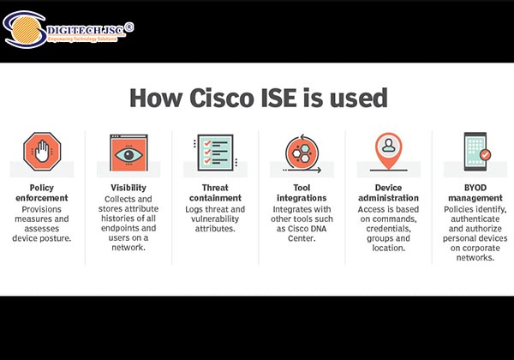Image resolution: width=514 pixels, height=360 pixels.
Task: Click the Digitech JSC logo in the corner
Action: coord(69,31)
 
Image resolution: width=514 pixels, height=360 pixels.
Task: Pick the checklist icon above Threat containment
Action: coord(213,152)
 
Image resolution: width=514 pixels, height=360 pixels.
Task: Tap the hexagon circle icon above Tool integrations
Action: coord(301,152)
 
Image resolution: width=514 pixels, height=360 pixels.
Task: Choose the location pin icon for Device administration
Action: coord(387,151)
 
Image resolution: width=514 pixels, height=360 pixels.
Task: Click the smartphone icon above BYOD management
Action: coord(474,152)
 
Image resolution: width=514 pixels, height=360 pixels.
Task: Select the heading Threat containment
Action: coord(213,193)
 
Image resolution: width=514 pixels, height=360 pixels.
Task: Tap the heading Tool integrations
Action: coord(301,193)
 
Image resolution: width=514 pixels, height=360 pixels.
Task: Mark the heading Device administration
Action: coord(387,193)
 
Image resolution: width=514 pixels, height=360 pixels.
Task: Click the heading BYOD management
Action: coord(474,193)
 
